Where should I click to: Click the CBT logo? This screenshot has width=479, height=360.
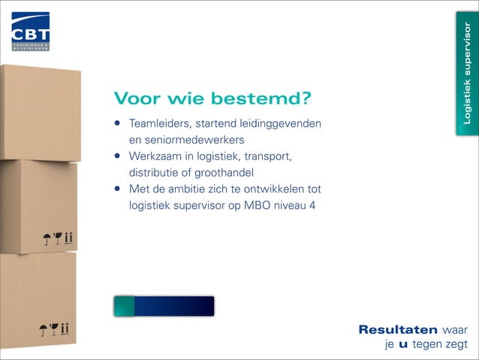point(30,31)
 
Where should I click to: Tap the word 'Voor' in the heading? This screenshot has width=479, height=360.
point(138,99)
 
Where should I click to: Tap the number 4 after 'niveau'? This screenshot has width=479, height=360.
point(312,205)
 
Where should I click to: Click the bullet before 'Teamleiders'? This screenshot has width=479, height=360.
point(118,123)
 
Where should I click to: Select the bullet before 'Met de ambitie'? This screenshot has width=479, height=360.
point(118,189)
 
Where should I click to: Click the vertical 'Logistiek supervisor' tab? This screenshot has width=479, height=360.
point(466,73)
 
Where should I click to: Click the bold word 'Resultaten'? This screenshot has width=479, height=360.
point(398,330)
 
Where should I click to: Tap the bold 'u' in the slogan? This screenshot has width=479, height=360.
point(403,344)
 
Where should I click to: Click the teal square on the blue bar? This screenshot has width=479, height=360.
point(124,306)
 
